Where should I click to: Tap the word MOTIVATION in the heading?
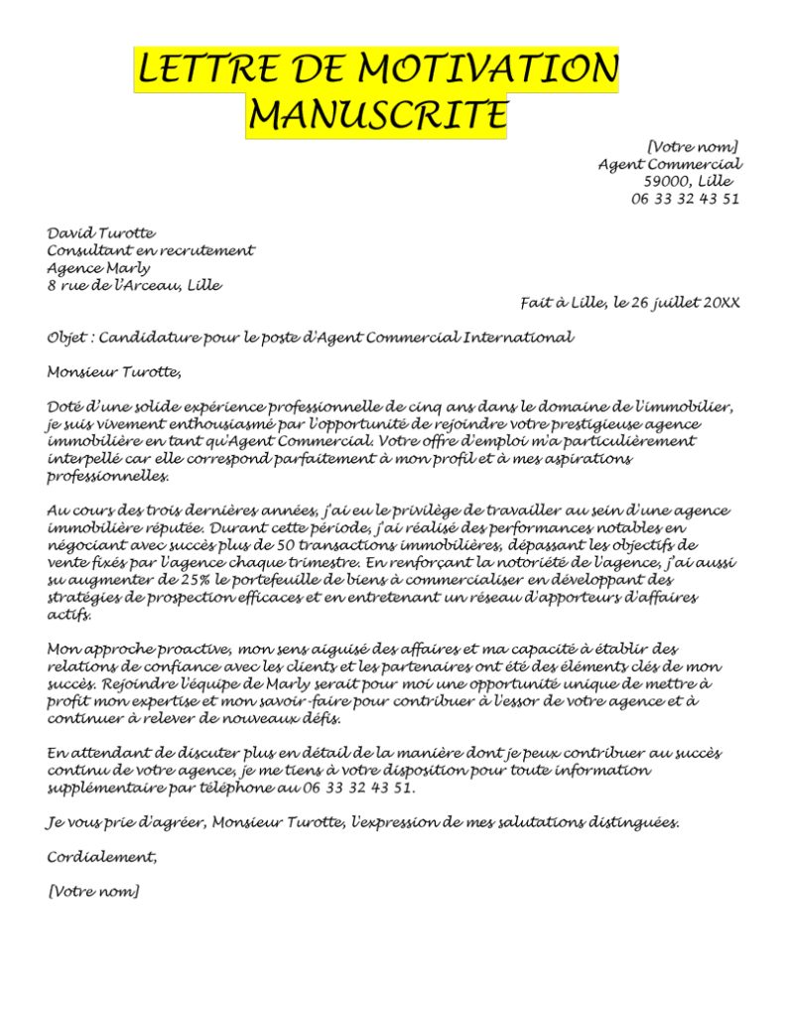487,70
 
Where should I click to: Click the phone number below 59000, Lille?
685,199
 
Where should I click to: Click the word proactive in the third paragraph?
188,649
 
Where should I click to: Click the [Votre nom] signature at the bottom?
93,891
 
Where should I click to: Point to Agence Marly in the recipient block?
99,267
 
